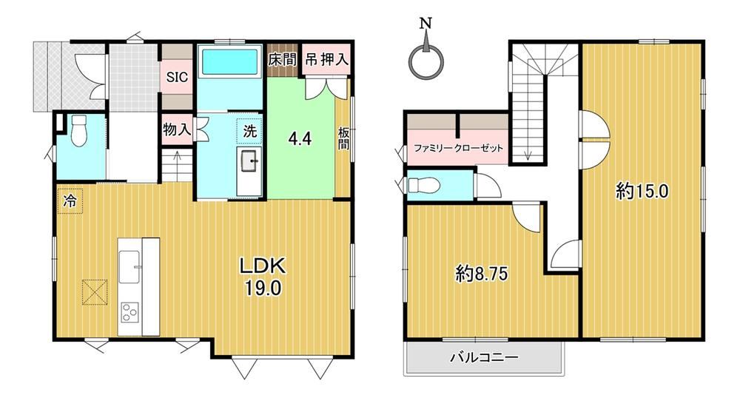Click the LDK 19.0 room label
click(x=263, y=277)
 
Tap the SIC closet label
click(x=177, y=77)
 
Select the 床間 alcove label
click(x=282, y=59)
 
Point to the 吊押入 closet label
click(x=327, y=59)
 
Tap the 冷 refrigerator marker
click(x=70, y=201)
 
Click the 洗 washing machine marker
click(x=249, y=131)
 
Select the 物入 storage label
click(x=177, y=129)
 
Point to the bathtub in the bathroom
click(x=229, y=61)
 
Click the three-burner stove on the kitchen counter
click(x=129, y=312)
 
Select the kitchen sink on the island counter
click(x=129, y=267)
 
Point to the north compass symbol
click(x=426, y=57)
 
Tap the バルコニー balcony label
click(x=484, y=357)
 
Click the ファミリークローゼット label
click(x=458, y=148)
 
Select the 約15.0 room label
click(x=642, y=191)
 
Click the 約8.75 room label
click(x=482, y=274)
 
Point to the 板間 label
click(x=343, y=138)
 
